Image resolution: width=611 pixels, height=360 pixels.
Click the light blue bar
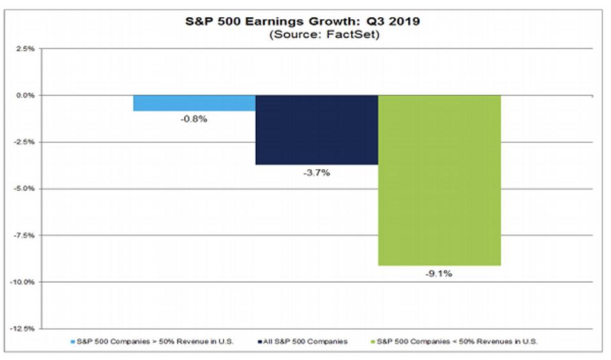click(194, 103)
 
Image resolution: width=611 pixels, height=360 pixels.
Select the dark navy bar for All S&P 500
click(316, 130)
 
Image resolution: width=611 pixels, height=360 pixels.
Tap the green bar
click(439, 180)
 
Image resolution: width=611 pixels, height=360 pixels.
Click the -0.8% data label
click(195, 119)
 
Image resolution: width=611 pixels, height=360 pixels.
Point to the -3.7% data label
click(317, 173)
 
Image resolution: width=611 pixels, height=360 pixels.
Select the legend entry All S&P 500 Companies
click(305, 341)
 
